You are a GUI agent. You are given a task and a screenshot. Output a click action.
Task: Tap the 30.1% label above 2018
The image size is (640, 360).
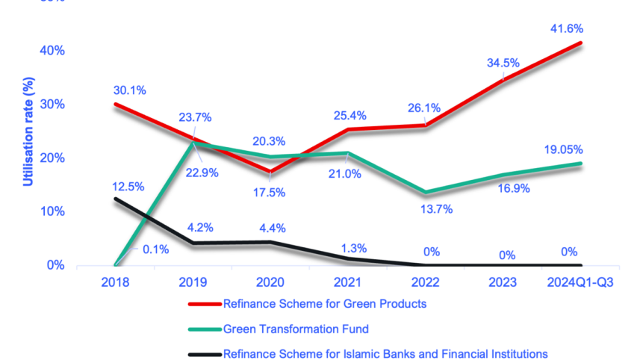pyautogui.click(x=129, y=90)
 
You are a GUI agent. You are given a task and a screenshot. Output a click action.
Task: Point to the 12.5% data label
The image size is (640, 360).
pyautogui.click(x=128, y=186)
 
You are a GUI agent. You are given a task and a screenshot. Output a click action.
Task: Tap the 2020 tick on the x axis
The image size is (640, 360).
pyautogui.click(x=271, y=282)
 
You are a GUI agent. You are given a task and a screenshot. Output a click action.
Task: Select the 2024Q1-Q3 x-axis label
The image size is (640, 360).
pyautogui.click(x=580, y=282)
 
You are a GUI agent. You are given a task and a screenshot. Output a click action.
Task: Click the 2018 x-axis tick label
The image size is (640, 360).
pyautogui.click(x=116, y=282)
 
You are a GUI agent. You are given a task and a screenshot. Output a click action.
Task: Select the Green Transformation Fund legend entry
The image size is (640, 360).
pyautogui.click(x=296, y=329)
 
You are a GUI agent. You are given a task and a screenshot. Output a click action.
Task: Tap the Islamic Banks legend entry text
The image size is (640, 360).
pyautogui.click(x=385, y=353)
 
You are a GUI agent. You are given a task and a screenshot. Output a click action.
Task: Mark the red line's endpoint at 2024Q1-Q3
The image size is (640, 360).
pyautogui.click(x=580, y=43)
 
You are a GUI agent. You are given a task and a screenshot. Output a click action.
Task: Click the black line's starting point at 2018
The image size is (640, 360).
pyautogui.click(x=116, y=198)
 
